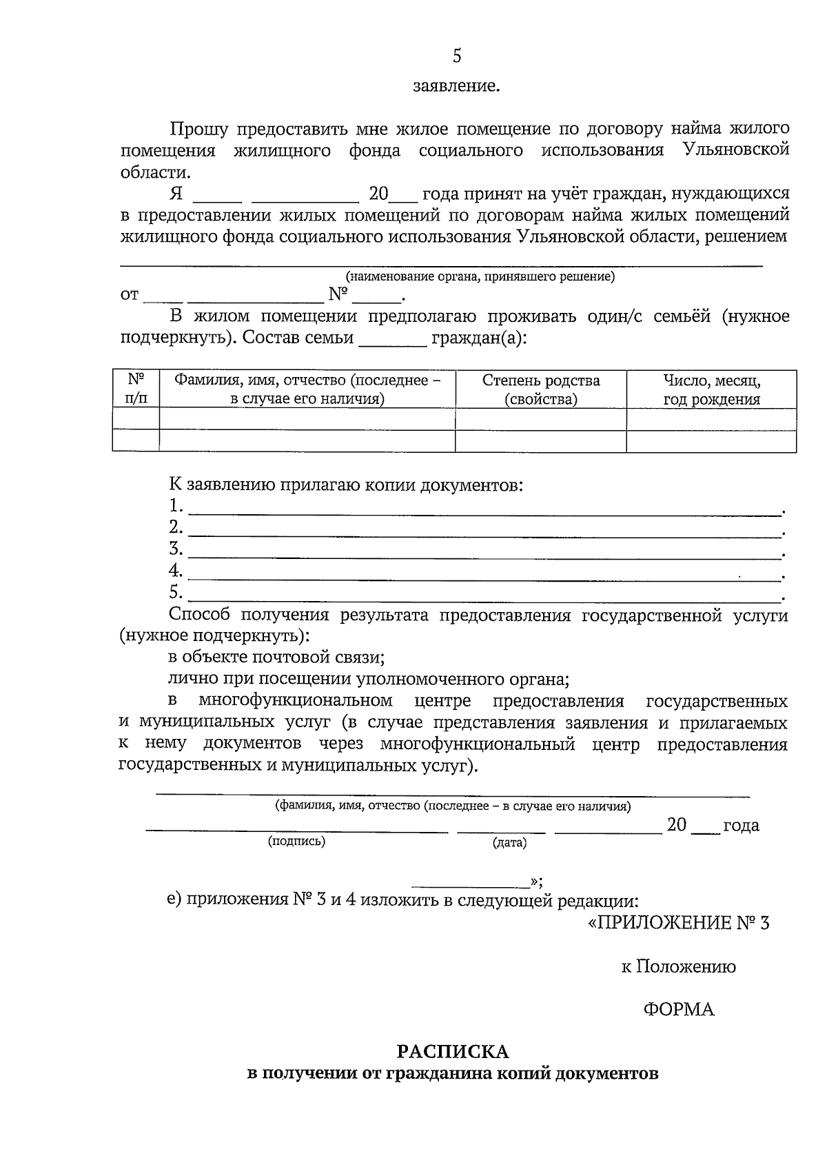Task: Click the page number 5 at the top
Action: pyautogui.click(x=457, y=56)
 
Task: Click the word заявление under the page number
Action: pyautogui.click(x=456, y=87)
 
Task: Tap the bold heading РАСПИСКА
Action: pyautogui.click(x=452, y=1052)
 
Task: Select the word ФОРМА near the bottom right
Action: pyautogui.click(x=679, y=1009)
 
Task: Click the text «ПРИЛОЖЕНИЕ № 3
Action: pyautogui.click(x=678, y=923)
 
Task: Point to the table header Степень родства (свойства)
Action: pyautogui.click(x=541, y=390)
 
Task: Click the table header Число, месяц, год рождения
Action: pyautogui.click(x=711, y=390)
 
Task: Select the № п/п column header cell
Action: pyautogui.click(x=136, y=390)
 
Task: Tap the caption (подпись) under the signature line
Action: pyautogui.click(x=296, y=841)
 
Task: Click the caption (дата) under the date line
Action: pyautogui.click(x=509, y=842)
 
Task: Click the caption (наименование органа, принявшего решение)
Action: pyautogui.click(x=480, y=277)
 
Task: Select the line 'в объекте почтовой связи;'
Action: pyautogui.click(x=276, y=658)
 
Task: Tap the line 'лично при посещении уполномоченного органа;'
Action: pyautogui.click(x=369, y=680)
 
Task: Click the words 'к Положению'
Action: pyautogui.click(x=678, y=966)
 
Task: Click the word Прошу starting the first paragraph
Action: pyautogui.click(x=196, y=129)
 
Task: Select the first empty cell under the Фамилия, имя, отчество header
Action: pyautogui.click(x=307, y=419)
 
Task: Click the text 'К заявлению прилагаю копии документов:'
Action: pyautogui.click(x=346, y=485)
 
